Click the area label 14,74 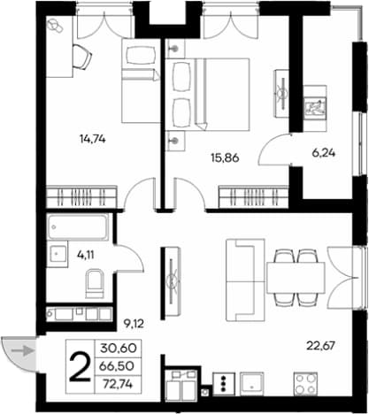93,139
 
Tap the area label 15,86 225,158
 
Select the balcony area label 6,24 324,153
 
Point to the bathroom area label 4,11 86,255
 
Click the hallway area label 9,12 134,324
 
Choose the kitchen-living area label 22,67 321,345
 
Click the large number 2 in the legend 80,367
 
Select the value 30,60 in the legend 119,349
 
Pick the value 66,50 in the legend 117,366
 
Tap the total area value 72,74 118,384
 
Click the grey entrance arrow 22,351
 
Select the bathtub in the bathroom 78,226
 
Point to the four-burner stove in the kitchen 305,384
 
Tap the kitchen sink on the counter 252,384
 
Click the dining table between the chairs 296,278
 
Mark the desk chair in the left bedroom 81,57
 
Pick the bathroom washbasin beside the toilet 58,254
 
